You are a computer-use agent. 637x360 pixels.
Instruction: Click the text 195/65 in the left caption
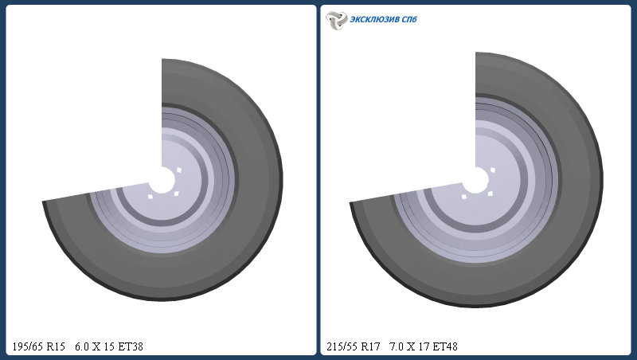pos(27,346)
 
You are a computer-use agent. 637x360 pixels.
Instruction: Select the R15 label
pos(56,346)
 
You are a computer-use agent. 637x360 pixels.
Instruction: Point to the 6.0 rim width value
pos(82,346)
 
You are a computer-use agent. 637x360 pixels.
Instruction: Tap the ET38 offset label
pos(131,346)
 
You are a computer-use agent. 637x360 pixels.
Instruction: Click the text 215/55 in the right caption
pos(342,346)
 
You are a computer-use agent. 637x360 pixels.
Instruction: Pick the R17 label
pos(370,346)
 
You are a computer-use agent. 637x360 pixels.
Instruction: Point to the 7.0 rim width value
pos(396,346)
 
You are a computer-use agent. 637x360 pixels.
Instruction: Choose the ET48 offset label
pos(445,346)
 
